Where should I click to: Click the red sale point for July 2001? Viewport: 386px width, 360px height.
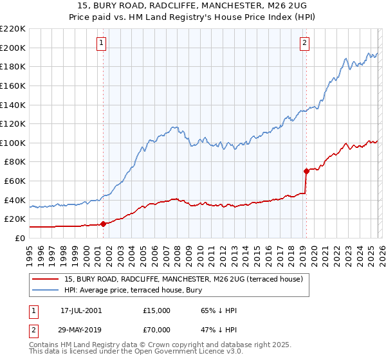pyautogui.click(x=103, y=224)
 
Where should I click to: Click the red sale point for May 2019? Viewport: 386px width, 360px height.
pyautogui.click(x=306, y=171)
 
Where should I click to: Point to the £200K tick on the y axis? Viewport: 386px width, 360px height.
pyautogui.click(x=13, y=48)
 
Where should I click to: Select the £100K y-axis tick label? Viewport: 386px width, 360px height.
pyautogui.click(x=13, y=143)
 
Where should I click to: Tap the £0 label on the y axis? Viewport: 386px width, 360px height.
pyautogui.click(x=19, y=238)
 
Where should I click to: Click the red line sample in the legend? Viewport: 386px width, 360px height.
pyautogui.click(x=46, y=278)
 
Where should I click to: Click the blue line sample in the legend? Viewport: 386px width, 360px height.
pyautogui.click(x=46, y=290)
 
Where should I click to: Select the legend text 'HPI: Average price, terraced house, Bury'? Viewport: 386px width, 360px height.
pyautogui.click(x=133, y=290)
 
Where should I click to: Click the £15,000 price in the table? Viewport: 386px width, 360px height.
pyautogui.click(x=157, y=310)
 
